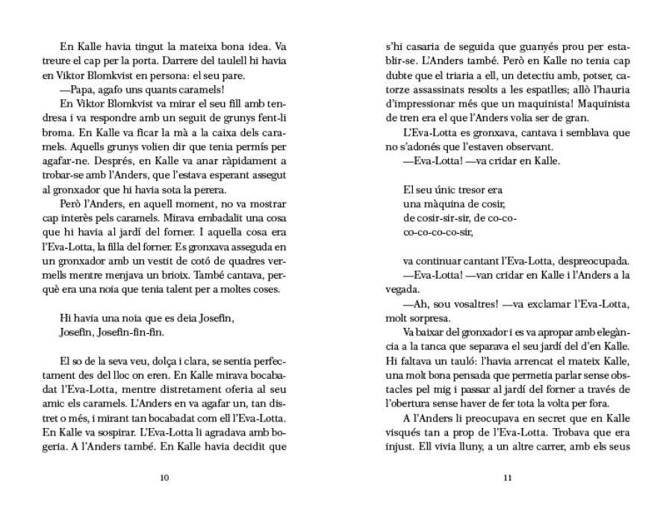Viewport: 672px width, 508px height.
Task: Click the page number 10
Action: [164, 478]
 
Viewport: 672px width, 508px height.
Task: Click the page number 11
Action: [508, 478]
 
